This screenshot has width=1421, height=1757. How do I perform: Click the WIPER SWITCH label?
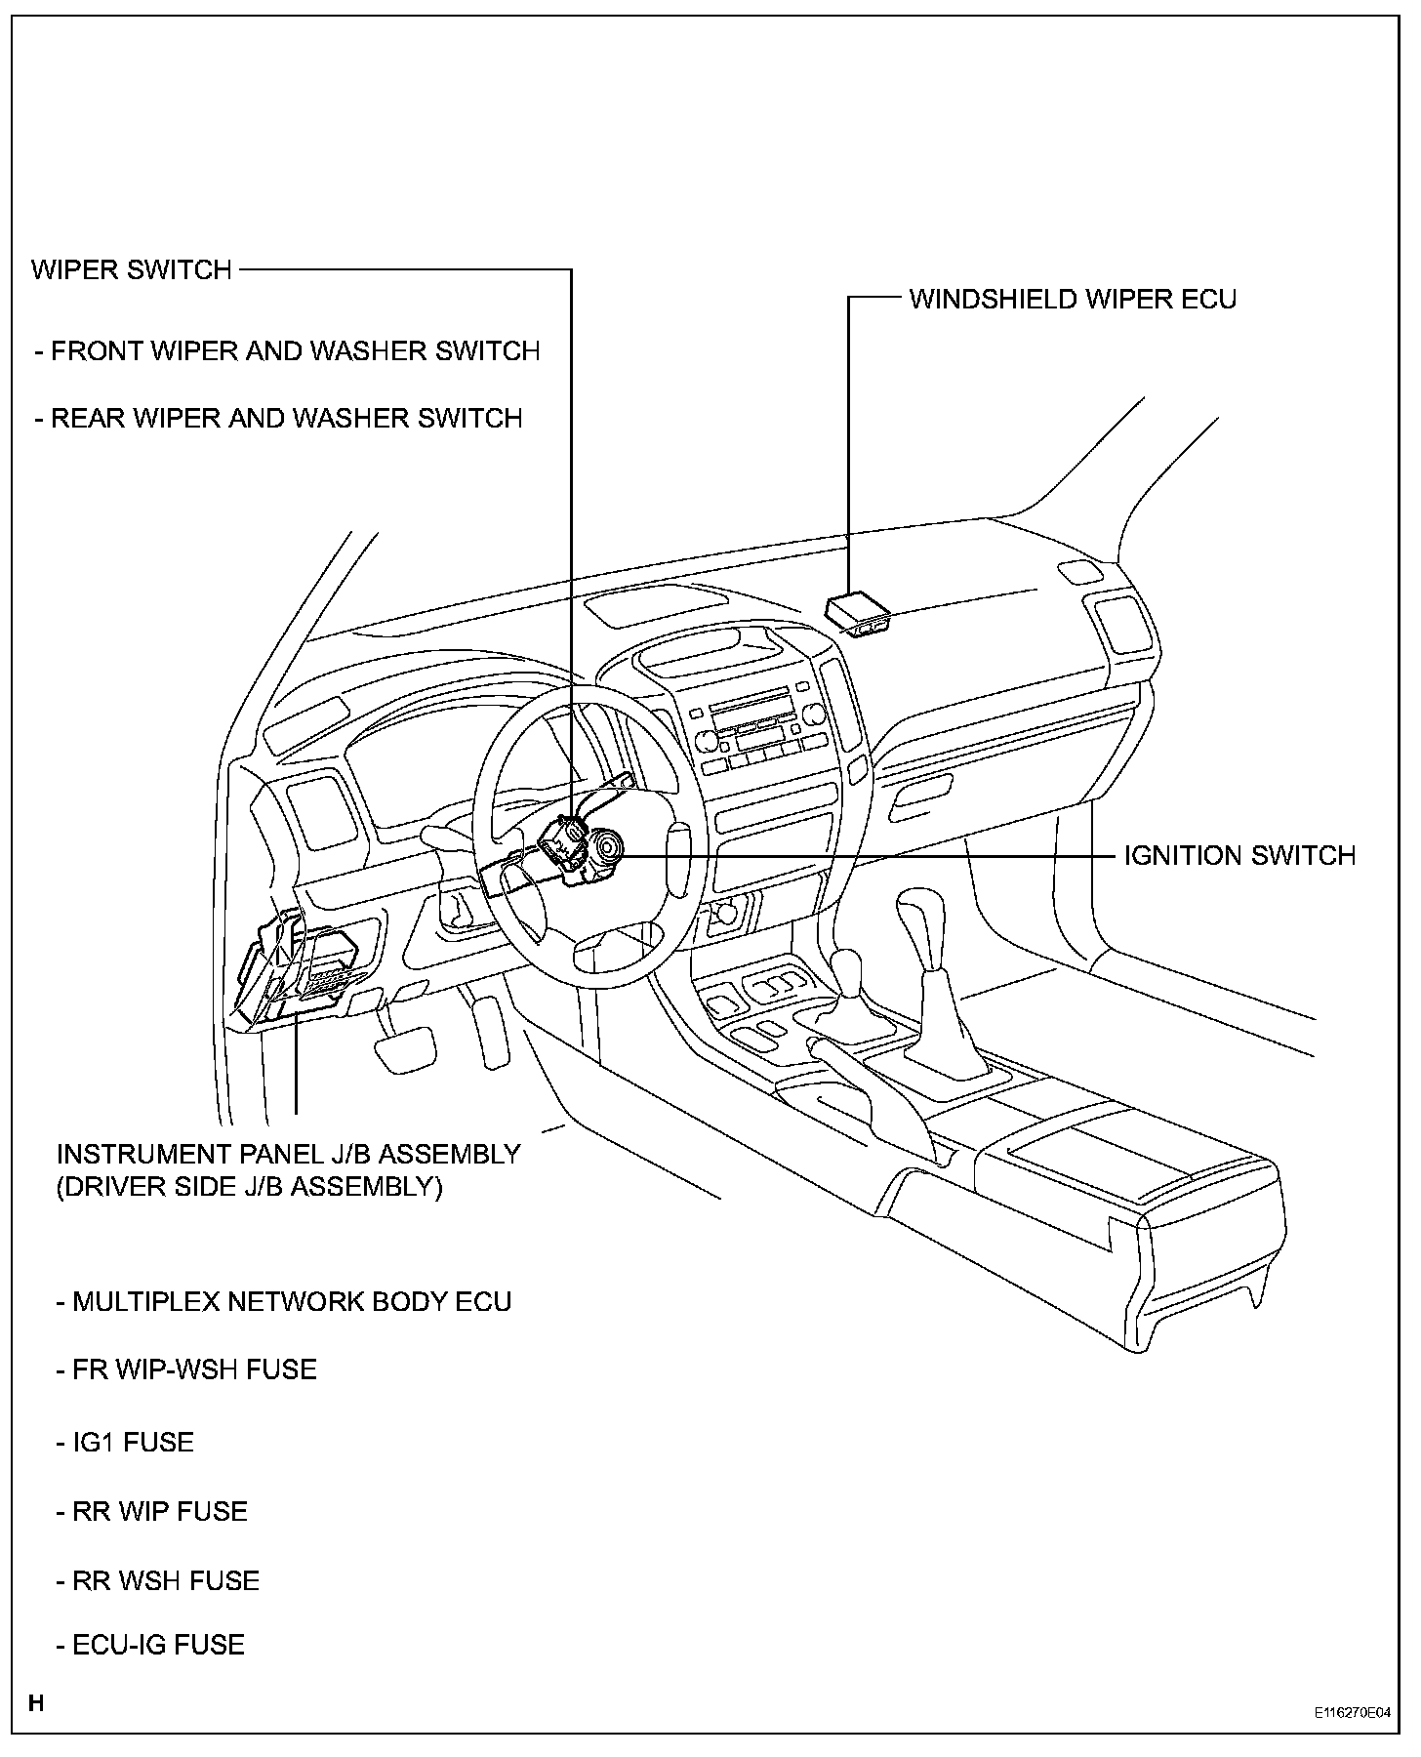(132, 269)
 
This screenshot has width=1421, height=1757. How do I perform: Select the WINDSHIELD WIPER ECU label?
(1072, 299)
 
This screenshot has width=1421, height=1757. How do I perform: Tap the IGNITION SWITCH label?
(1239, 856)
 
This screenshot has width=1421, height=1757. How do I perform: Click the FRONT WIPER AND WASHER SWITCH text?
(287, 351)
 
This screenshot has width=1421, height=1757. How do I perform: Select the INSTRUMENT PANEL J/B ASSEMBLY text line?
(288, 1154)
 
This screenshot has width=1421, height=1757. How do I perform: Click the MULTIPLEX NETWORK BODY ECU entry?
(283, 1302)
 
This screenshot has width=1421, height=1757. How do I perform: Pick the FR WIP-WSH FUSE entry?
(186, 1369)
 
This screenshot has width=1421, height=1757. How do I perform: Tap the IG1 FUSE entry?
(125, 1443)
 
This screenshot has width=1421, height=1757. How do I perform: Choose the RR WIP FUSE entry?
(151, 1511)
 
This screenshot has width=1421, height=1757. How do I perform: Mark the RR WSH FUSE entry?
(158, 1581)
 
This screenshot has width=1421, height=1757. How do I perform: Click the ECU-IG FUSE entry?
(150, 1645)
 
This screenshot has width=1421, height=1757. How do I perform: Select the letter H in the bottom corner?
(36, 1704)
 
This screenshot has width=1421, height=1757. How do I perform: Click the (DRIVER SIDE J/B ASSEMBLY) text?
(250, 1188)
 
